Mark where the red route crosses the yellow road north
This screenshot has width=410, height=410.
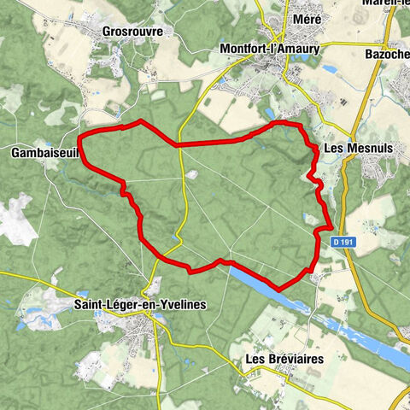[177, 145]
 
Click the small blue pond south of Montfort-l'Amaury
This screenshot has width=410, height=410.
[270, 112]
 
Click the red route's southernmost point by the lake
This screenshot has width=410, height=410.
[278, 290]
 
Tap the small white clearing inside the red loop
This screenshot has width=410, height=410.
[192, 175]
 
